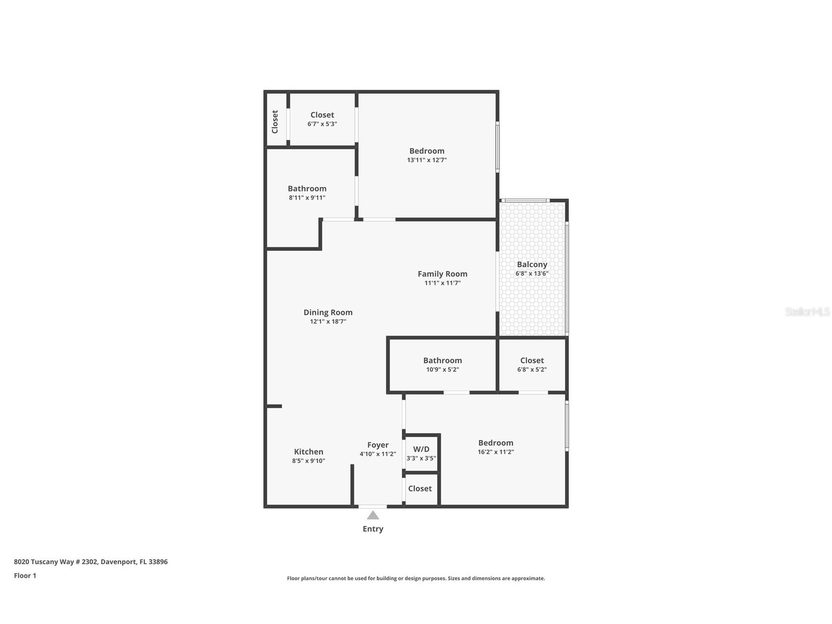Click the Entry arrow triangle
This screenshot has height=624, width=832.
(x=373, y=515)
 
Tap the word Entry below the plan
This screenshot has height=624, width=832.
(x=373, y=529)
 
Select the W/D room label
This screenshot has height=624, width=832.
(x=421, y=449)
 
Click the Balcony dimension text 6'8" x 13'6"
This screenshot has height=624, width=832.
(x=531, y=274)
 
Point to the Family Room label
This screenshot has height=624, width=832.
(x=442, y=274)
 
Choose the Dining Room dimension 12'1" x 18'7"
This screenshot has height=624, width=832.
(x=328, y=322)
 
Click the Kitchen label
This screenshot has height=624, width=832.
(x=308, y=452)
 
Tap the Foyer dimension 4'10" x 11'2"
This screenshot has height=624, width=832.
(x=378, y=454)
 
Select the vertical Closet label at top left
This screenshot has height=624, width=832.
(x=275, y=121)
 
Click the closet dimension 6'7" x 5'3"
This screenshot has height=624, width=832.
(x=322, y=124)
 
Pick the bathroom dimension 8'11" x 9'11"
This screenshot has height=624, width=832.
(x=307, y=198)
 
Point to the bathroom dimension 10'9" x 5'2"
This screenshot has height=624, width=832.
(x=442, y=370)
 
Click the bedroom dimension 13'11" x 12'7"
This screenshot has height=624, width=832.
(x=427, y=160)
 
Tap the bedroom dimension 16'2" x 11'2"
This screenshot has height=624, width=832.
(x=496, y=452)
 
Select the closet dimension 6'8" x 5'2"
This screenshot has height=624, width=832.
(x=531, y=370)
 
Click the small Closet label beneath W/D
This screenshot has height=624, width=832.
(x=420, y=489)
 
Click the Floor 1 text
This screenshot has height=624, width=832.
(x=25, y=576)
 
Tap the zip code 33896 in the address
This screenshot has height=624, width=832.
(x=158, y=562)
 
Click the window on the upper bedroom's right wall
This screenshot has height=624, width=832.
(x=497, y=147)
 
